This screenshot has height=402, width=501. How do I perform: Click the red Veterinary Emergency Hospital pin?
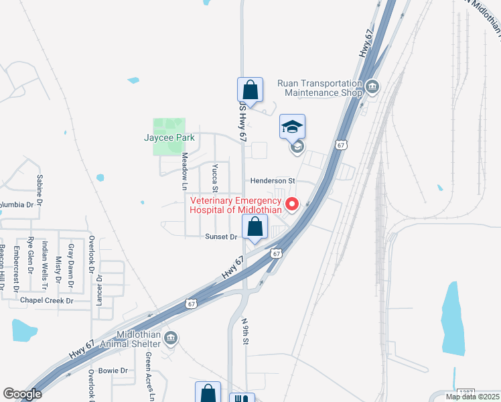[x=291, y=204]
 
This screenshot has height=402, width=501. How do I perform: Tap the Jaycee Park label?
[x=169, y=138]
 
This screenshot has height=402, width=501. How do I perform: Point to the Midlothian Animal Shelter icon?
[x=171, y=338]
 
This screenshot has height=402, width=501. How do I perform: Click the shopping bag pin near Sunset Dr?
[x=255, y=227]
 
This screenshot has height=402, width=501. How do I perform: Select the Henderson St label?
[x=273, y=181]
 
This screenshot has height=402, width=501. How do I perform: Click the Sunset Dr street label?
[x=221, y=237]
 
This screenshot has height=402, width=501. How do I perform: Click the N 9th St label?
[x=246, y=331]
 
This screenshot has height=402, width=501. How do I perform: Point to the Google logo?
[x=22, y=395]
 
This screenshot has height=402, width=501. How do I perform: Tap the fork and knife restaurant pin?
[x=242, y=399]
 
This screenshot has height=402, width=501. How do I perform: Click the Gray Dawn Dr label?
[x=70, y=257]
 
